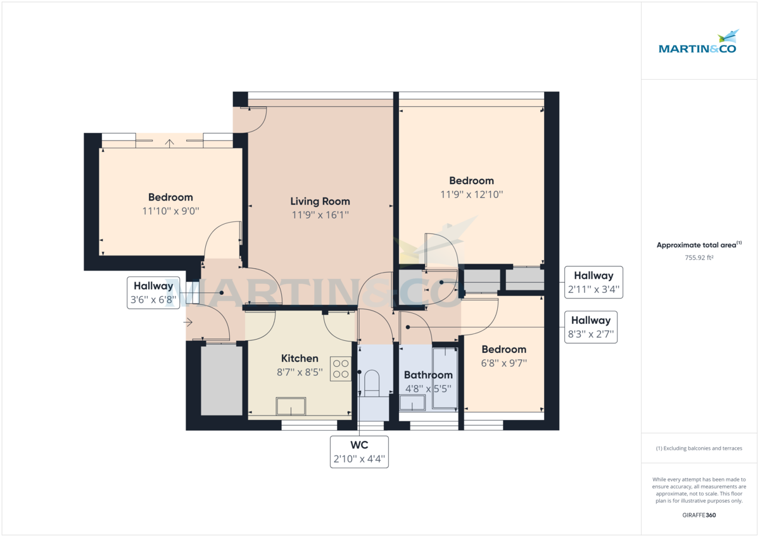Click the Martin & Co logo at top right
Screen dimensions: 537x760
coord(697,43)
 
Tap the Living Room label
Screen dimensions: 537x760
coord(320,201)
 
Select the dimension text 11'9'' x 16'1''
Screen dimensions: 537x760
coord(320,215)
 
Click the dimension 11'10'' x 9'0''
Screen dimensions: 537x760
coord(170,211)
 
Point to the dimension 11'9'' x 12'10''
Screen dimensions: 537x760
coord(471,195)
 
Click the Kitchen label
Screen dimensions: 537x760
coord(300,358)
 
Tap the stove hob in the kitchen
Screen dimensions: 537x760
coord(341,369)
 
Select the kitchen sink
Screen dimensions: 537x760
coord(291,405)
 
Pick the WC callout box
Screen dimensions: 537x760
coord(359,452)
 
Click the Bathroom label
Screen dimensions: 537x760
coord(428,375)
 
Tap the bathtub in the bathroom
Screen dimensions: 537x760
coord(445,378)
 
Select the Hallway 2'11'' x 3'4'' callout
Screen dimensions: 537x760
coord(593,283)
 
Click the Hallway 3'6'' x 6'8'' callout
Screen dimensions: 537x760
coord(153,293)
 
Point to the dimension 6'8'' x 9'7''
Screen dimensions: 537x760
coord(503,363)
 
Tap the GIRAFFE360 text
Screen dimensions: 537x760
coord(699,515)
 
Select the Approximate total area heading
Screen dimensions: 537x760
coord(699,245)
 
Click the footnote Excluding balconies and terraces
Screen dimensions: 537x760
coord(699,448)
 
